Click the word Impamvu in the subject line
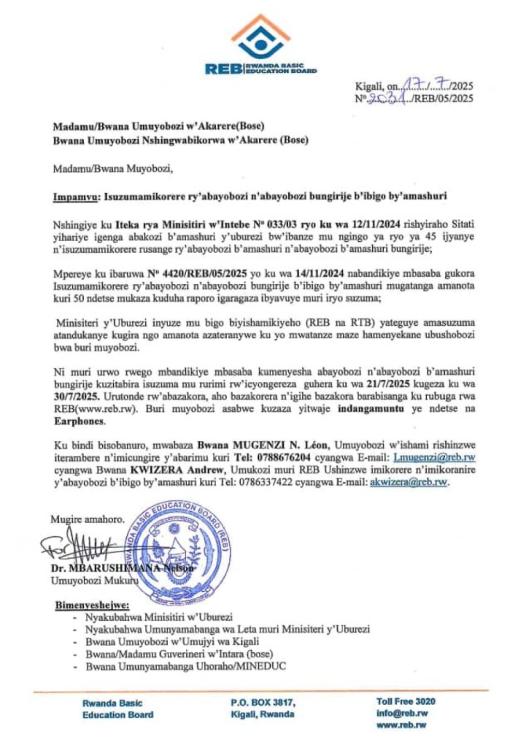[x=76, y=196]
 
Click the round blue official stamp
[x=176, y=543]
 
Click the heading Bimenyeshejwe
[x=92, y=606]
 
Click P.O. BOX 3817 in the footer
[x=263, y=703]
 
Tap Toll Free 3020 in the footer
[x=406, y=702]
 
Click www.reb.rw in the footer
[x=401, y=725]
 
